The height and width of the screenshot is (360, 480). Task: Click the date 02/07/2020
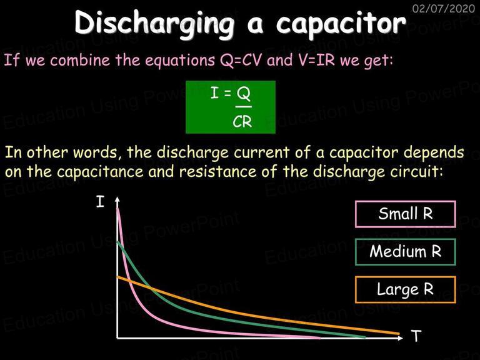(443, 8)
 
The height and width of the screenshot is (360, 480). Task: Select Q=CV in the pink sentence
(241, 60)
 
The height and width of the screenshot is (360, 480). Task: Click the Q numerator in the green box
(244, 93)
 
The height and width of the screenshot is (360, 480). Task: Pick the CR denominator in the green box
(242, 122)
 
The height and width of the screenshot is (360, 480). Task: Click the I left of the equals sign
(214, 92)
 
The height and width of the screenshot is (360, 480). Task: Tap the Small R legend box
(406, 214)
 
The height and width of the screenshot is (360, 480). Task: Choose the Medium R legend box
(406, 252)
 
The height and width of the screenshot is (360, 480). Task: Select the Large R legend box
(406, 289)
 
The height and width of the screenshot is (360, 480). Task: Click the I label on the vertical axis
(100, 202)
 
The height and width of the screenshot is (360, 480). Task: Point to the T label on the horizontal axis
(416, 336)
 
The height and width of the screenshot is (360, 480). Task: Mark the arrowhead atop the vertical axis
(117, 199)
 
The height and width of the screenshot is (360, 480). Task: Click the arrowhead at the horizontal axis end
(401, 338)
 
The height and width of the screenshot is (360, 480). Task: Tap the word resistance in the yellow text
(218, 172)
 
